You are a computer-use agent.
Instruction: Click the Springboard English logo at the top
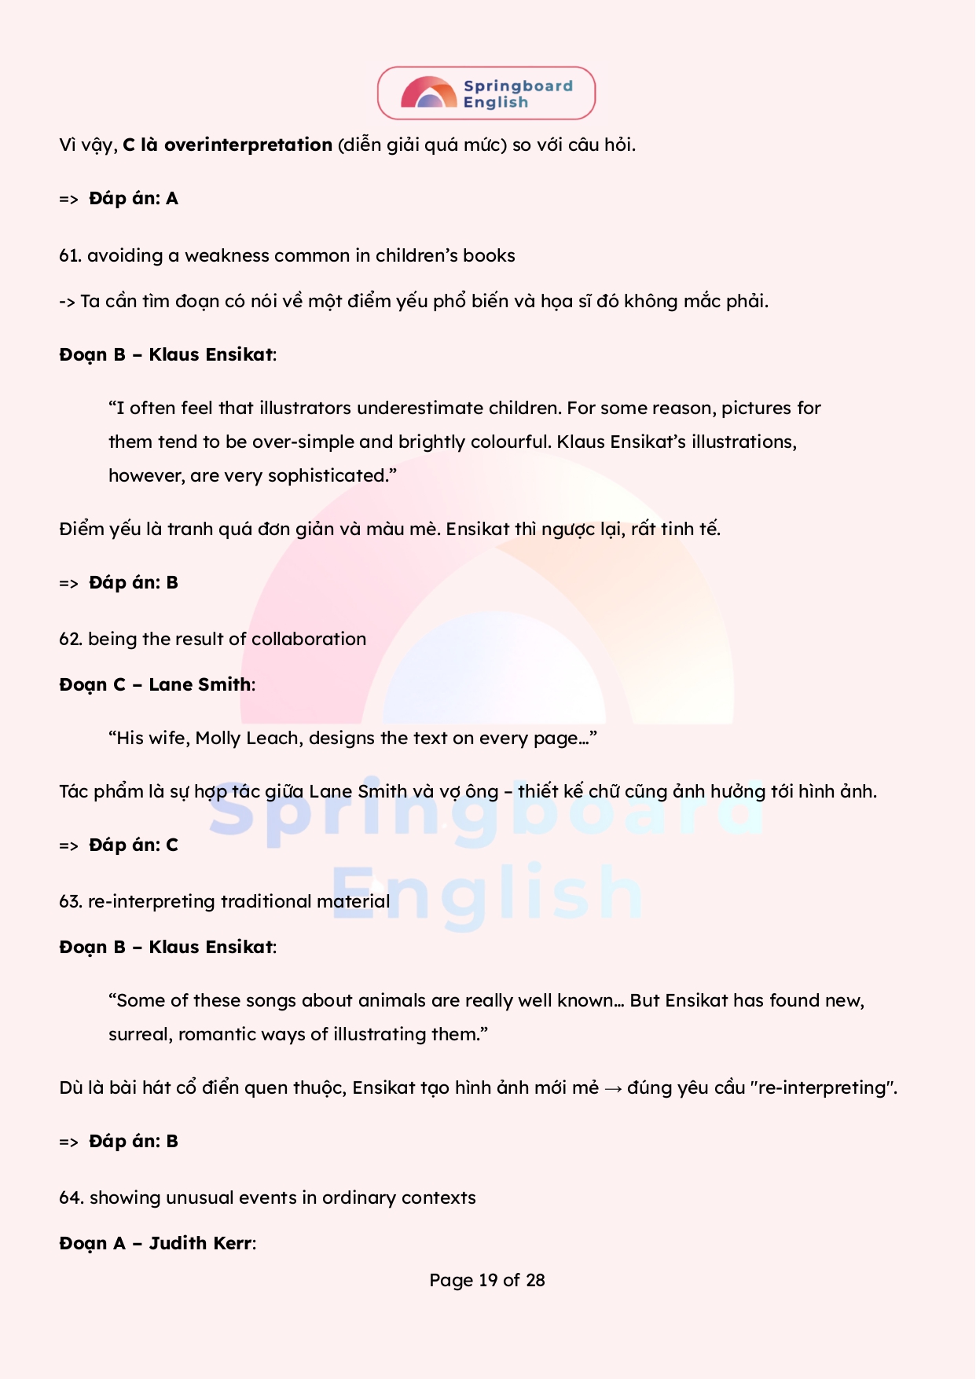486,94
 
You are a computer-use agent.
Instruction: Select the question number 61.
69,256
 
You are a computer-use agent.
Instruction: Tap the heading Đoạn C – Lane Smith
157,685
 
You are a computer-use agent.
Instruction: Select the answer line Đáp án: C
133,845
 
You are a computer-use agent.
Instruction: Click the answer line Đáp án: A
133,199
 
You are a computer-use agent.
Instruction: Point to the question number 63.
70,902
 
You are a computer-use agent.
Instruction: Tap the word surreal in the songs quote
140,1035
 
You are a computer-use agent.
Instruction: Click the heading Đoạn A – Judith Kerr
157,1244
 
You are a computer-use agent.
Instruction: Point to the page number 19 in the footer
488,1281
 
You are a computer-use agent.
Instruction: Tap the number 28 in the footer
535,1281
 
